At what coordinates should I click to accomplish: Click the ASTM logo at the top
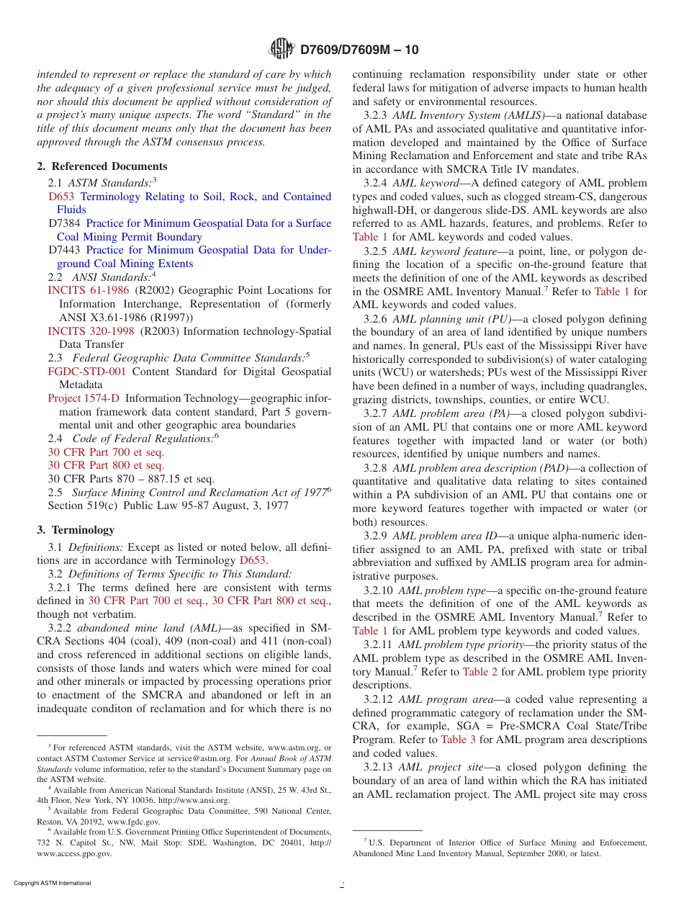[x=282, y=49]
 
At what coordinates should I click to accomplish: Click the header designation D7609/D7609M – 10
[x=359, y=50]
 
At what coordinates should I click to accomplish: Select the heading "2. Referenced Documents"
[x=102, y=166]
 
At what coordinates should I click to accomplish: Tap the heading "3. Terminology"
[x=76, y=530]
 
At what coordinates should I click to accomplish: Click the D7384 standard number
[x=64, y=223]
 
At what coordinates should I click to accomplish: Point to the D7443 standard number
[x=64, y=250]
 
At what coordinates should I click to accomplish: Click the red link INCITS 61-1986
[x=89, y=290]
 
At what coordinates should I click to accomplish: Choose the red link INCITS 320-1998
[x=91, y=331]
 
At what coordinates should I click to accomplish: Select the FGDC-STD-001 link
[x=86, y=372]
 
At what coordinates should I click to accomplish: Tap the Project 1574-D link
[x=84, y=398]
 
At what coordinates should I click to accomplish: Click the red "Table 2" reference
[x=480, y=672]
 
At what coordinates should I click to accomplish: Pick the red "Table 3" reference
[x=458, y=740]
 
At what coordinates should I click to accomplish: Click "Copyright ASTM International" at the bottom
[x=53, y=883]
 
